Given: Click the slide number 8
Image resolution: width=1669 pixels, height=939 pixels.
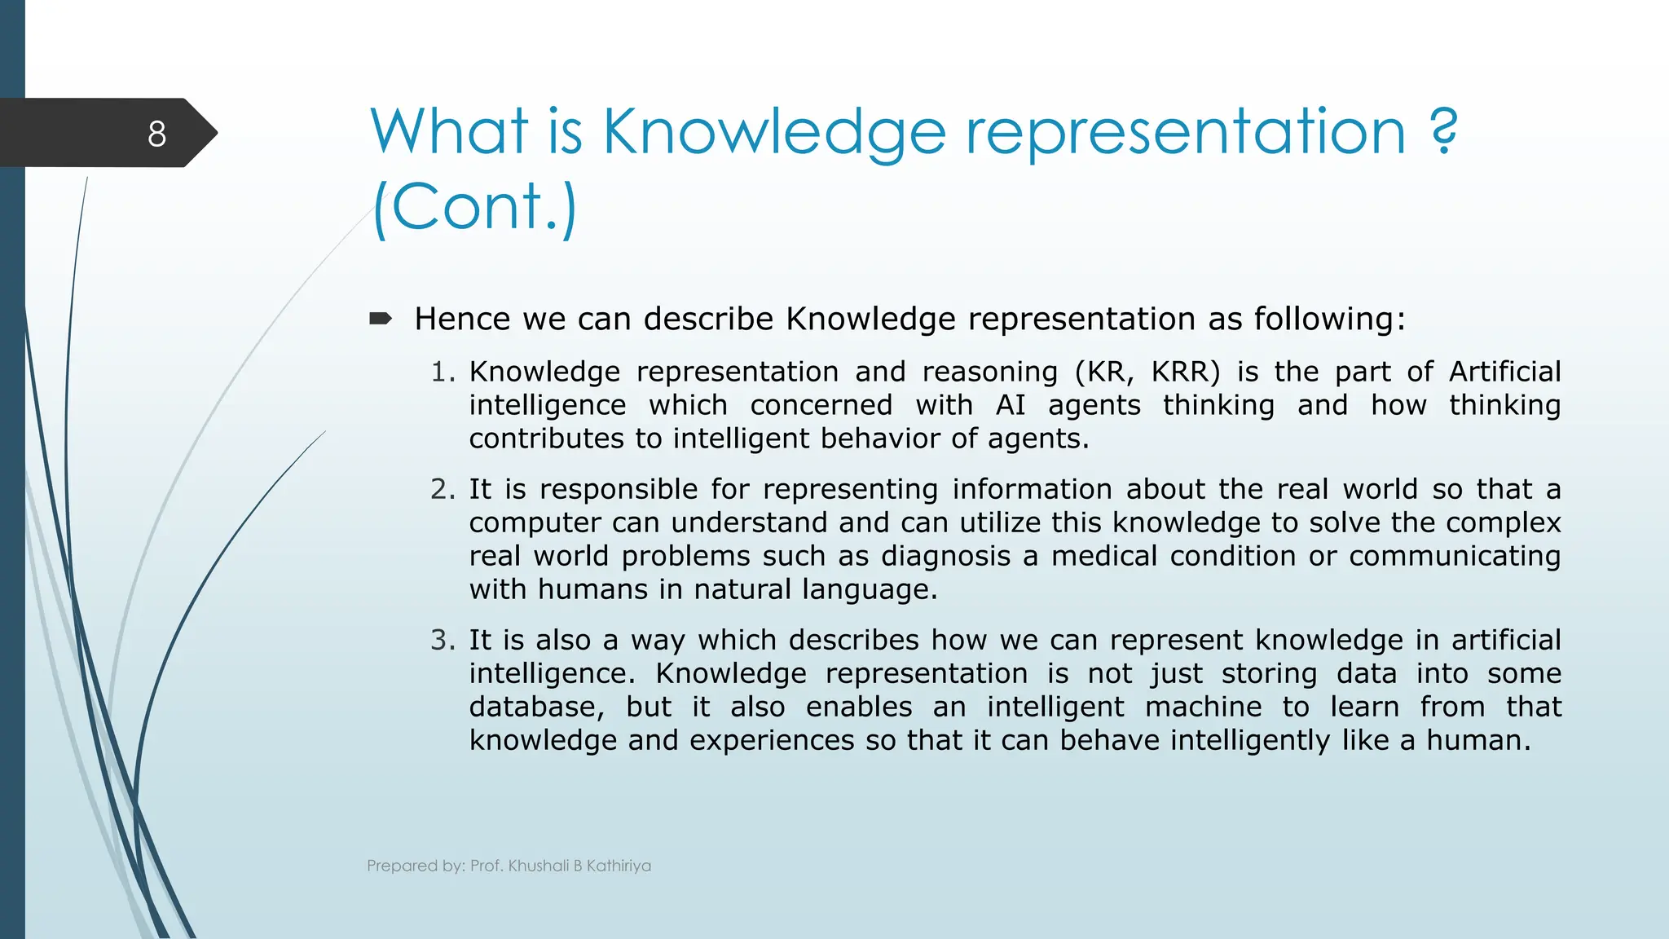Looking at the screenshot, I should coord(157,134).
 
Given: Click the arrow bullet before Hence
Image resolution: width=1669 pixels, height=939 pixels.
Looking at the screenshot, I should coord(381,319).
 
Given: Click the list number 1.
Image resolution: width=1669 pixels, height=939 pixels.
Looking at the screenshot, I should coord(441,372).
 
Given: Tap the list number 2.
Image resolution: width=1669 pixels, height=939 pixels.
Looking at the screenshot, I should coord(441,489).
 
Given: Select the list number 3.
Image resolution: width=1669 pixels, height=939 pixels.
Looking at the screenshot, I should coord(441,640).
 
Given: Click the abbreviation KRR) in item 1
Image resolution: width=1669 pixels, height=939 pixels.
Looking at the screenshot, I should coord(1186,372).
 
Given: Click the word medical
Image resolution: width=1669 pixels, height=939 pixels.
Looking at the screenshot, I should coord(1104,556).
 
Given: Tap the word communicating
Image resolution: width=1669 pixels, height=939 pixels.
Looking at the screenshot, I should coord(1455,556).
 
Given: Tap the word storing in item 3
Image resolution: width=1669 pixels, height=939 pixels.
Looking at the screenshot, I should coord(1269,673).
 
